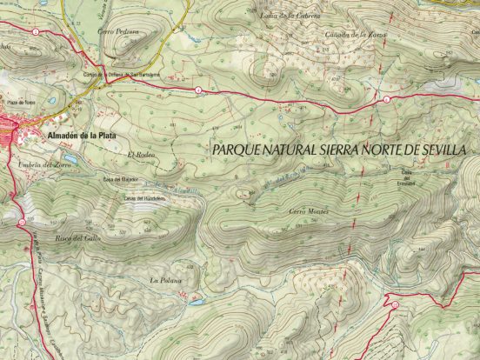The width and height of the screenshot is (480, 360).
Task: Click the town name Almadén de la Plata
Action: (78, 136)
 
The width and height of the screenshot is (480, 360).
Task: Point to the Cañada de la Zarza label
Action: (356, 34)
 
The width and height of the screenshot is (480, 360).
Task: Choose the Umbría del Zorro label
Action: (43, 164)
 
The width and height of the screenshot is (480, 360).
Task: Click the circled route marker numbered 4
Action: (198, 90)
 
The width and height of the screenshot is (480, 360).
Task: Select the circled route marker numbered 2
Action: (35, 31)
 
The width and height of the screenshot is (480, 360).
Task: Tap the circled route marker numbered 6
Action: (387, 100)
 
